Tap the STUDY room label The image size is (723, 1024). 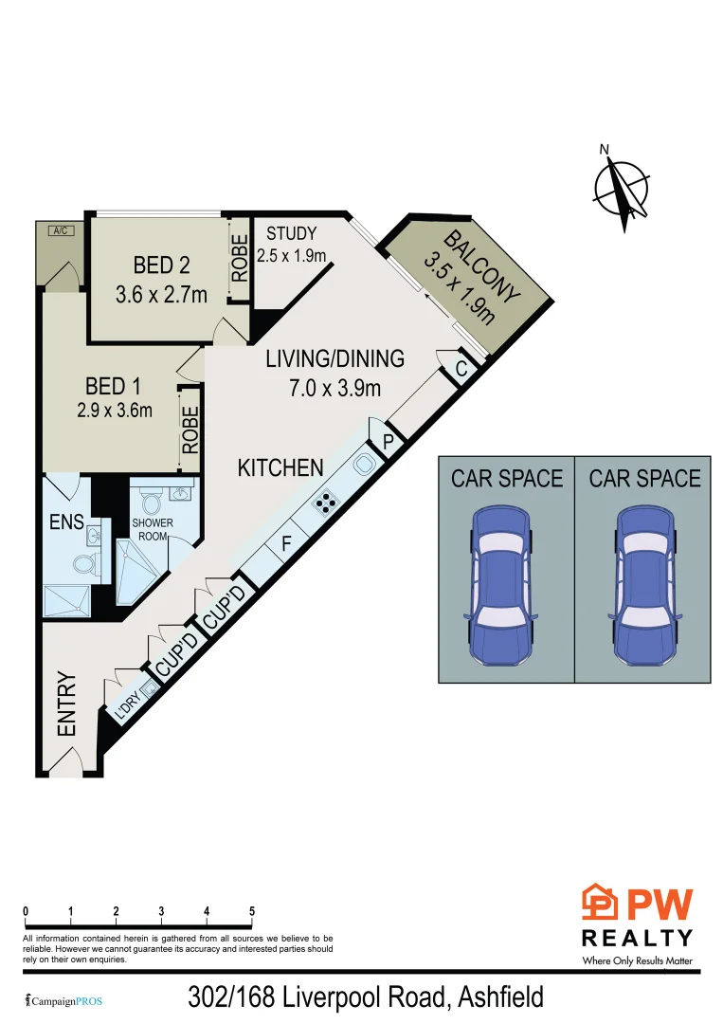[x=292, y=234]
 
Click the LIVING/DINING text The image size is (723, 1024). [x=334, y=359]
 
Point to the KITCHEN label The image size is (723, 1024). [x=280, y=467]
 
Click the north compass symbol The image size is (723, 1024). [x=622, y=189]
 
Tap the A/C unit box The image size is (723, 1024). [x=60, y=230]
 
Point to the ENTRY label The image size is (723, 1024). [x=66, y=704]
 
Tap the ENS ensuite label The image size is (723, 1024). [x=66, y=521]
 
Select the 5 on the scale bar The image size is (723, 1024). [x=252, y=911]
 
